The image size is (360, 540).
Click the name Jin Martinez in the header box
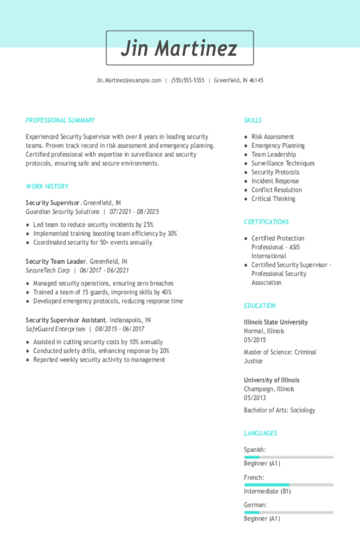(x=180, y=48)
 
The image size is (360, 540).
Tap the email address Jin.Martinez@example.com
(x=129, y=81)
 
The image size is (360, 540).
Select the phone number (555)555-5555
(x=187, y=81)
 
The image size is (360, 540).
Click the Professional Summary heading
(x=60, y=120)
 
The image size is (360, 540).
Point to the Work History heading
(x=47, y=187)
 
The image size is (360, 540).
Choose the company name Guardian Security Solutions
(x=62, y=212)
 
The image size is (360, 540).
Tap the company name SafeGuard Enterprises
(x=55, y=329)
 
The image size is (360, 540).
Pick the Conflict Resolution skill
(x=277, y=190)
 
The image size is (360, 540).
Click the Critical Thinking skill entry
(x=273, y=199)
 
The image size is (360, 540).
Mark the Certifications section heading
(x=266, y=222)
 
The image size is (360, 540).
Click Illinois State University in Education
(x=276, y=322)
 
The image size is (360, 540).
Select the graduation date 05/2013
(x=255, y=398)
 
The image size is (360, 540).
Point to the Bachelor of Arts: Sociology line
(x=279, y=410)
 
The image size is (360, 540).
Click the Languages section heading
(x=261, y=434)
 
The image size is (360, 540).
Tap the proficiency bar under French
(x=289, y=485)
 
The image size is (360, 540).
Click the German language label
(x=255, y=505)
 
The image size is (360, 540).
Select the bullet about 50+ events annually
(x=92, y=243)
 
